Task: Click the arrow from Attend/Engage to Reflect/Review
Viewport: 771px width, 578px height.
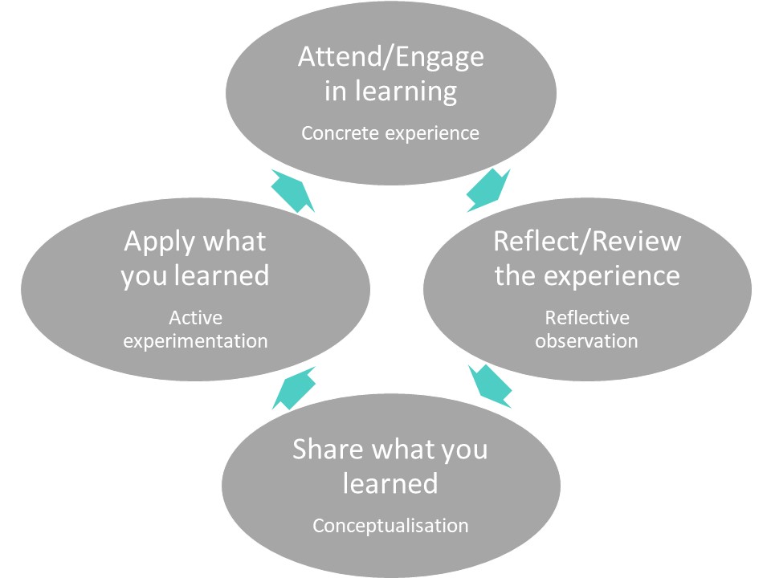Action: (487, 190)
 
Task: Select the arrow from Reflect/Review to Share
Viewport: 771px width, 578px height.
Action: (490, 385)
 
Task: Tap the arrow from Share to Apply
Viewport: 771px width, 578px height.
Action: (293, 388)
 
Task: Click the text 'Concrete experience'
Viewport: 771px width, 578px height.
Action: (390, 132)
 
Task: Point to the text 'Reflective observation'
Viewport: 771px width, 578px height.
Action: (586, 329)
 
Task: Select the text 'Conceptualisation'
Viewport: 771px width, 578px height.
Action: (390, 526)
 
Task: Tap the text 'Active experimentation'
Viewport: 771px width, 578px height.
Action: (195, 329)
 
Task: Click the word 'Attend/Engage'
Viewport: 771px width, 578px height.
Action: (391, 57)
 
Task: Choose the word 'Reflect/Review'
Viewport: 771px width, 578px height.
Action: (587, 241)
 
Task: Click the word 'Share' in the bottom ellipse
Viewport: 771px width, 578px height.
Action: (321, 449)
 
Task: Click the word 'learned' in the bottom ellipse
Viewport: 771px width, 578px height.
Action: (390, 483)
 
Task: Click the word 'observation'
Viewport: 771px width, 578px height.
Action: (586, 340)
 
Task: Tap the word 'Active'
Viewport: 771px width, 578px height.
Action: (195, 318)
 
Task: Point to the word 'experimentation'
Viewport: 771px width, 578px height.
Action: (195, 340)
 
